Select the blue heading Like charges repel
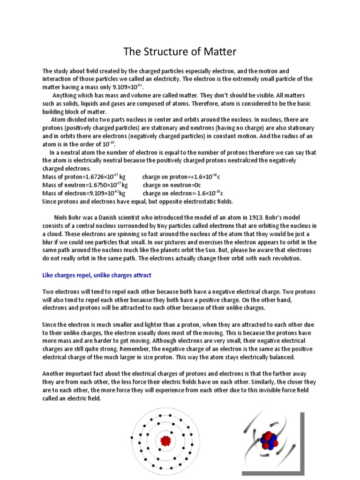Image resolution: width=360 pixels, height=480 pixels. click(97, 275)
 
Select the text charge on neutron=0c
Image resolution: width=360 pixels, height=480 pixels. click(168, 186)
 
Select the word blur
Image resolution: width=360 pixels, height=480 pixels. click(49, 242)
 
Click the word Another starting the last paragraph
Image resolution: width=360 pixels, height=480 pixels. click(54, 374)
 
